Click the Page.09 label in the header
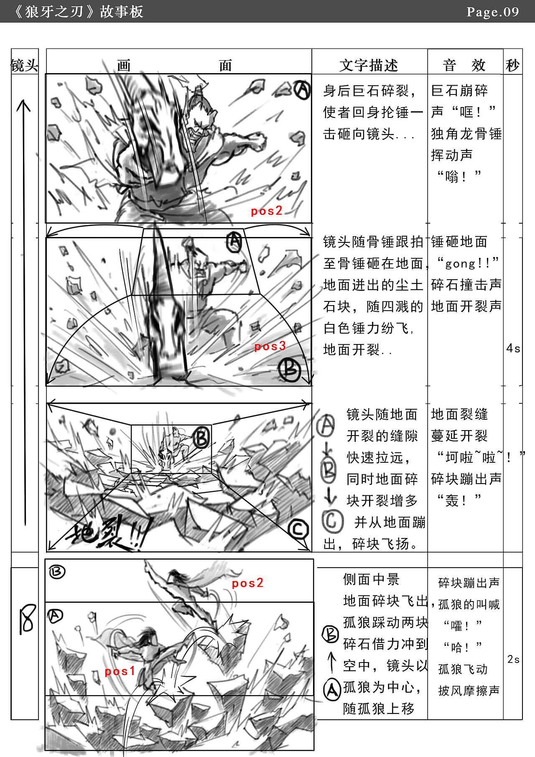click(x=493, y=12)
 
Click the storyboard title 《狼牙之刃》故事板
click(x=78, y=12)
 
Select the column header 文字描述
click(x=369, y=65)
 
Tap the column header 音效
click(x=464, y=65)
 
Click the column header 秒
click(x=513, y=65)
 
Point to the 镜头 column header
click(x=24, y=66)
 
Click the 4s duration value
click(x=513, y=348)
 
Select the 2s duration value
click(x=514, y=659)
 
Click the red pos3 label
click(x=270, y=346)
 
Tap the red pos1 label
click(x=120, y=671)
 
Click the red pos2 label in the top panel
click(x=267, y=211)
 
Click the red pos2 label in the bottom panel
click(x=248, y=583)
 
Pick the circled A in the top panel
click(x=302, y=89)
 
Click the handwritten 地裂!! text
click(x=107, y=533)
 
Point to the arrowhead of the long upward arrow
click(x=24, y=102)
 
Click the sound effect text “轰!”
click(x=459, y=500)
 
